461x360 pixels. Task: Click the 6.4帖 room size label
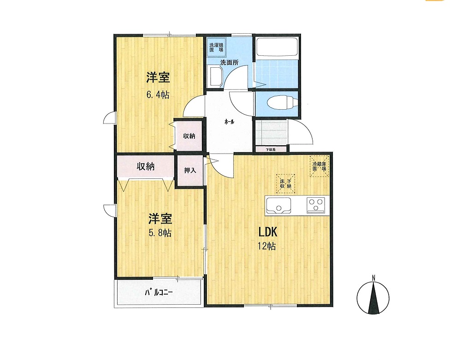(x=158, y=95)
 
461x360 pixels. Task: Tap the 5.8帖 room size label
(x=160, y=233)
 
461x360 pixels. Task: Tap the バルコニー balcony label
(x=158, y=292)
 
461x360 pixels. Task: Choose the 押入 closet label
(x=190, y=170)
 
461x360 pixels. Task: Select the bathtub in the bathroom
(x=277, y=48)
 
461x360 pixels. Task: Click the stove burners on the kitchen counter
(x=316, y=204)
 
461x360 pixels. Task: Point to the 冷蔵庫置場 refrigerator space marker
(x=319, y=166)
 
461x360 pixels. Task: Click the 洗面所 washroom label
(x=229, y=62)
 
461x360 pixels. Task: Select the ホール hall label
(x=229, y=122)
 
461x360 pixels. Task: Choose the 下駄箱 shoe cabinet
(x=271, y=149)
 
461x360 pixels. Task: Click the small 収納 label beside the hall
(x=189, y=136)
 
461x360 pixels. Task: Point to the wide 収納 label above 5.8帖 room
(x=145, y=167)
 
